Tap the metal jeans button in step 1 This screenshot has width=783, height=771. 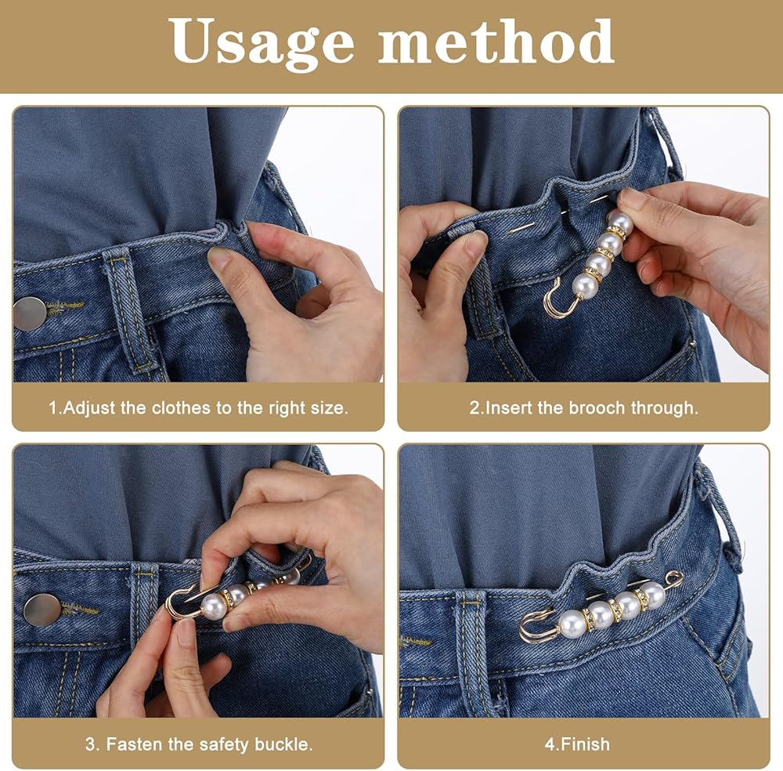coord(30,313)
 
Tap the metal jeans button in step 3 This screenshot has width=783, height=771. coord(42,610)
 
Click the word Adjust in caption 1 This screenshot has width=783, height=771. coord(90,408)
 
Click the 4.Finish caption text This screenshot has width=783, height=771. coord(577,744)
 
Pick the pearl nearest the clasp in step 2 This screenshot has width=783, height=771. coord(585,286)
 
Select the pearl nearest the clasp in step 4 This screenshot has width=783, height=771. coord(572,622)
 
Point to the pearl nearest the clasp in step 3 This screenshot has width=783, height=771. coord(214,606)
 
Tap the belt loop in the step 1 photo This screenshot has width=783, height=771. coord(127,309)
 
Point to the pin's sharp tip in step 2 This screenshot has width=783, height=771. coord(510,233)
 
